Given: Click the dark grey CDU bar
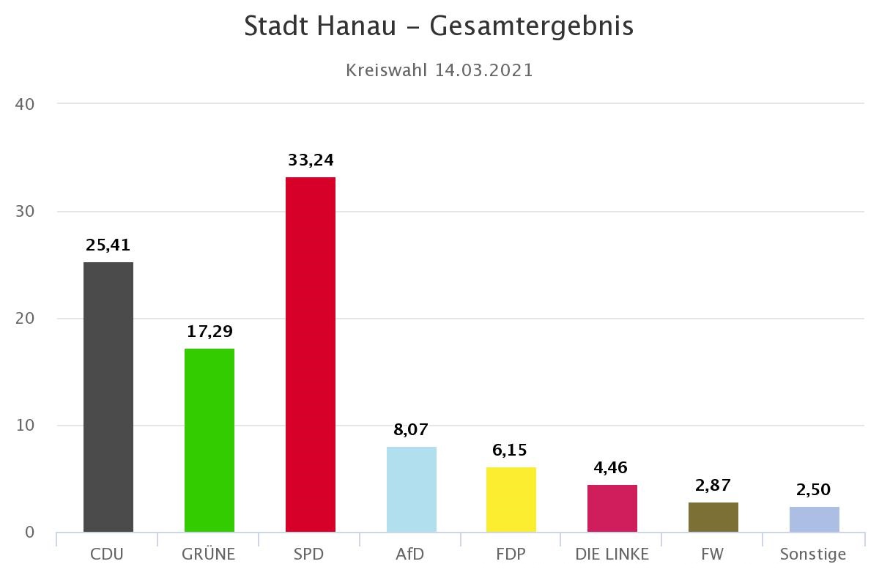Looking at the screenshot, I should click(108, 396).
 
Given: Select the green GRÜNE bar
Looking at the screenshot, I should click(209, 439).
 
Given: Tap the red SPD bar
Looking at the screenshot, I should click(311, 354).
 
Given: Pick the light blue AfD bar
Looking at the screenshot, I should click(411, 489).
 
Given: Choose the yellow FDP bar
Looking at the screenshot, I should click(511, 499).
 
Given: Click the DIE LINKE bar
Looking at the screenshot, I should click(612, 508).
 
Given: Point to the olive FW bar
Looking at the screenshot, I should click(713, 516).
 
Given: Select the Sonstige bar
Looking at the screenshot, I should click(814, 519).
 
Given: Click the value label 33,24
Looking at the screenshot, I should click(311, 160).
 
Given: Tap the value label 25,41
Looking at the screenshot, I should click(108, 245).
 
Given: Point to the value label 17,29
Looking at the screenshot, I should click(209, 331).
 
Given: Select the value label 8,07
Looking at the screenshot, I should click(411, 429).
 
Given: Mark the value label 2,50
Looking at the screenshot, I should click(814, 489).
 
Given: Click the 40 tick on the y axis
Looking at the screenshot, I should click(26, 104).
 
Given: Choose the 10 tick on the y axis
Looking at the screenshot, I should click(26, 426).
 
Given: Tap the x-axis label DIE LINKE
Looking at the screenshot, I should click(612, 554).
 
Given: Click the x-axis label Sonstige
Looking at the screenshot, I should click(813, 555).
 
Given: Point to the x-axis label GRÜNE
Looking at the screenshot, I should click(209, 554).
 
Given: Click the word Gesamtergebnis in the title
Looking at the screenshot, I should click(531, 26).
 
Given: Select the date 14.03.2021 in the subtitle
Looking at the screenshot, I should click(483, 70).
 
